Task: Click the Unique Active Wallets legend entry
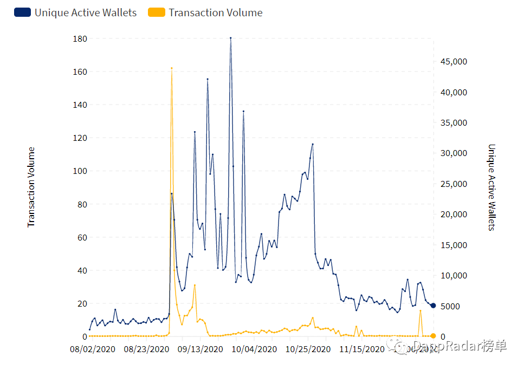(76, 12)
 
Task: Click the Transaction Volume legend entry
(205, 12)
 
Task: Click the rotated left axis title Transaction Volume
(31, 187)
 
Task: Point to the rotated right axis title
(491, 187)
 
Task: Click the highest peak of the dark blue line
(230, 38)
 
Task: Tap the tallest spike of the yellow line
(172, 68)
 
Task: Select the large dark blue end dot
(433, 306)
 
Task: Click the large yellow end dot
(433, 336)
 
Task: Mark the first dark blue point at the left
(89, 329)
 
